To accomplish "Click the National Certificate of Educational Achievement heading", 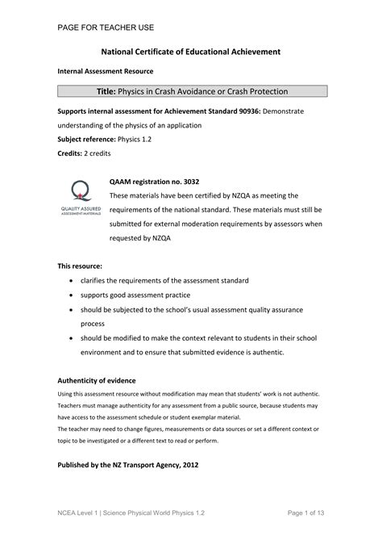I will (191, 51).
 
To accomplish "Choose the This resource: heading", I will (80, 265).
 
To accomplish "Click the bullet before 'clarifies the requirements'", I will (73, 280).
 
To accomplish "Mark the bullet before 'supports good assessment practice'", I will (73, 295).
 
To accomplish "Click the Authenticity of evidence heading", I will (97, 379).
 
